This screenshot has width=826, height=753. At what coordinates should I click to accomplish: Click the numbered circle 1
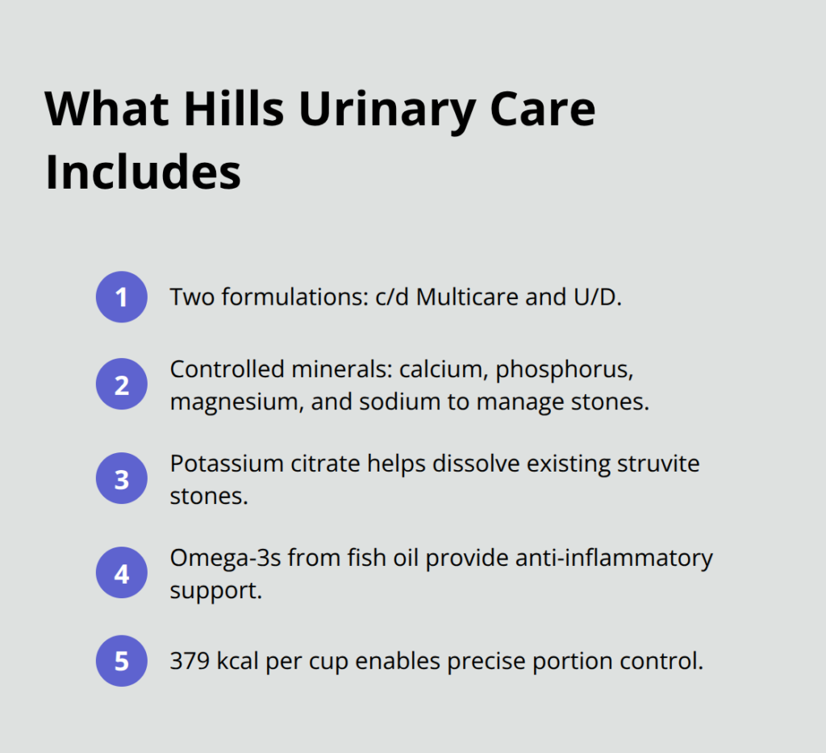pos(121,297)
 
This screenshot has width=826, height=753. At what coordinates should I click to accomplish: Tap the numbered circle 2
pos(121,385)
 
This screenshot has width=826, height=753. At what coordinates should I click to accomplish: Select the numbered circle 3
pos(121,480)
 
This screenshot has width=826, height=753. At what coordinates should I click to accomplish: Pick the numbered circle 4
pos(121,574)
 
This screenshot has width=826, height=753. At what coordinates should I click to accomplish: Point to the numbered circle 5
pos(121,662)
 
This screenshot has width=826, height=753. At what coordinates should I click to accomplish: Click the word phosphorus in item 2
pos(562,369)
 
